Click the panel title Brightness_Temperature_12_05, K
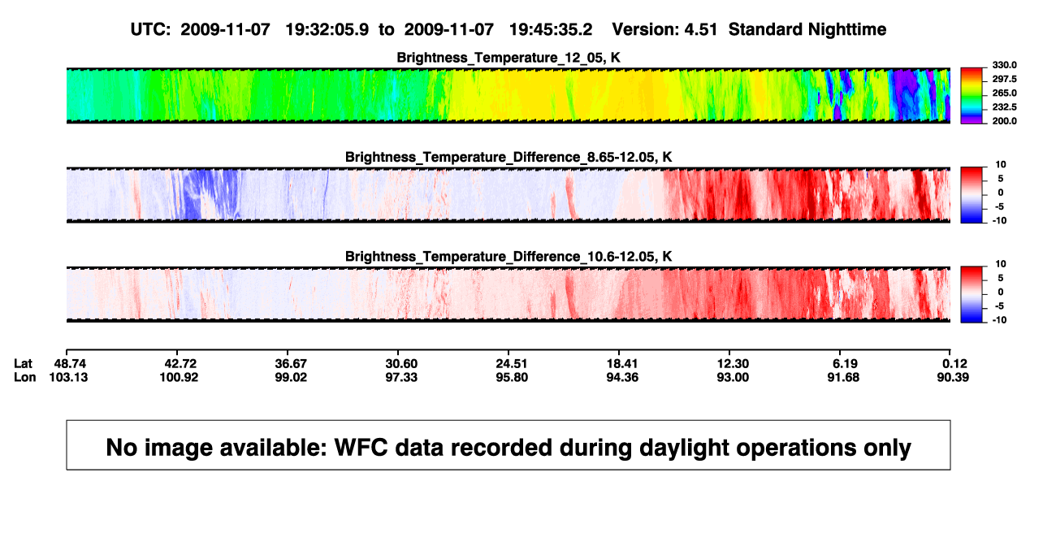[509, 58]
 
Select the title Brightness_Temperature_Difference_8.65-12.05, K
[509, 157]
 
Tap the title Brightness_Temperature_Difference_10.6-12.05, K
[509, 257]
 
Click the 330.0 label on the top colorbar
[1004, 65]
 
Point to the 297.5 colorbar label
[1004, 79]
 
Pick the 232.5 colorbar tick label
[1004, 107]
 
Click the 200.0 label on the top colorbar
[1004, 121]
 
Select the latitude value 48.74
[70, 364]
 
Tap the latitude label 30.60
[401, 364]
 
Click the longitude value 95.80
[512, 377]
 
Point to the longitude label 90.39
[953, 377]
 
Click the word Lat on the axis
[23, 364]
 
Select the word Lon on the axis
[24, 377]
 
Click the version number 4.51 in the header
[700, 29]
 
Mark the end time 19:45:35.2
[551, 29]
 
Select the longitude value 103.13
[68, 377]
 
